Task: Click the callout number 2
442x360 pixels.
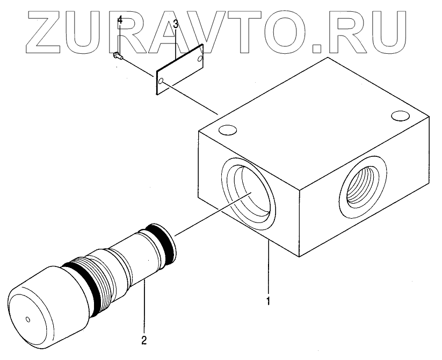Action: coord(143,340)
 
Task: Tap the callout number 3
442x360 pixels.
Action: coord(175,25)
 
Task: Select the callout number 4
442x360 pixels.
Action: coord(120,20)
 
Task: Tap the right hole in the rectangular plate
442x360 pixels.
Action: coord(200,56)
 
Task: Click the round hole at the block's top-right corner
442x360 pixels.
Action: coord(400,115)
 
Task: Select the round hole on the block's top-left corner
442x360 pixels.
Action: coord(227,130)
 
